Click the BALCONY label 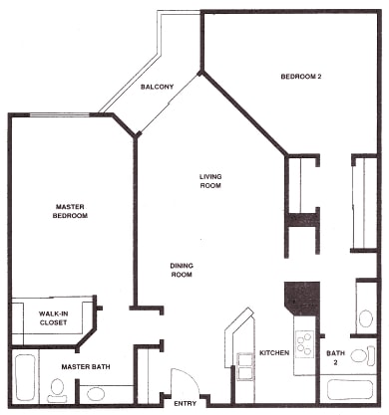tap(157, 87)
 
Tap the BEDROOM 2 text tap(301, 77)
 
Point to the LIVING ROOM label tap(210, 181)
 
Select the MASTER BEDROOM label tap(70, 211)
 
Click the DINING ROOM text tap(182, 270)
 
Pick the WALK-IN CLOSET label tap(53, 318)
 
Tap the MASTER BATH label tap(86, 367)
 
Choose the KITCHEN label tap(274, 352)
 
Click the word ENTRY tap(186, 403)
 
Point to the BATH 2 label tap(335, 357)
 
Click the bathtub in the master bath tap(25, 378)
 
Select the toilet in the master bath tap(57, 390)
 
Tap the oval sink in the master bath tap(96, 394)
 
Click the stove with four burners tap(304, 344)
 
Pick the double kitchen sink tap(244, 366)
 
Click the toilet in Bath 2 tap(363, 355)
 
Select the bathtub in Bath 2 tap(350, 390)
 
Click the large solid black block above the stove tap(302, 298)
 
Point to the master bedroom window tap(59, 115)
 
